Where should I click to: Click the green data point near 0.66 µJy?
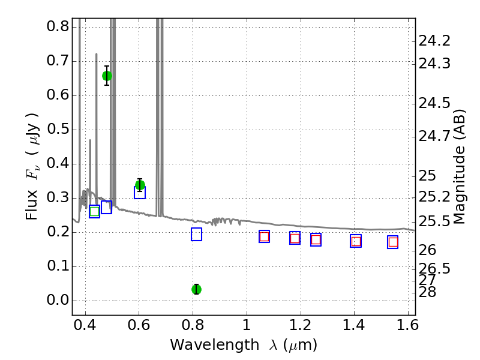[x=107, y=76]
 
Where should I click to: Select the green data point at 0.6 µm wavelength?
[x=140, y=185]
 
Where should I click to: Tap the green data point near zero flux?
[x=197, y=289]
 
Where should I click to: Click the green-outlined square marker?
[x=95, y=212]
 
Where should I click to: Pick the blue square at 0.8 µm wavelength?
[x=197, y=234]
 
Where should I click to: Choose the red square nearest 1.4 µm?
[x=356, y=241]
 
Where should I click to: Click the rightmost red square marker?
[x=393, y=242]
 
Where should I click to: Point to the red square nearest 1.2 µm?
[x=295, y=238]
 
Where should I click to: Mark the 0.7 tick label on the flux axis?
[x=58, y=61]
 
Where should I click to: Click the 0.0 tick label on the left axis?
[x=58, y=300]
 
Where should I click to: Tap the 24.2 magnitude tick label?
[x=434, y=41]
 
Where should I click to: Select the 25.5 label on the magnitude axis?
[x=434, y=221]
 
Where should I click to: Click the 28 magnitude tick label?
[x=427, y=292]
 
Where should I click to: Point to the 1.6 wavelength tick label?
[x=407, y=325]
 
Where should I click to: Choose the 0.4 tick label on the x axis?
[x=85, y=325]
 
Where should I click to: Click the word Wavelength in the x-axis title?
[x=215, y=345]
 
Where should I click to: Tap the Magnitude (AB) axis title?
[x=459, y=167]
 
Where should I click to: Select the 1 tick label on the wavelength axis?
[x=247, y=325]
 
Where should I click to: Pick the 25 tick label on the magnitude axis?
[x=427, y=176]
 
